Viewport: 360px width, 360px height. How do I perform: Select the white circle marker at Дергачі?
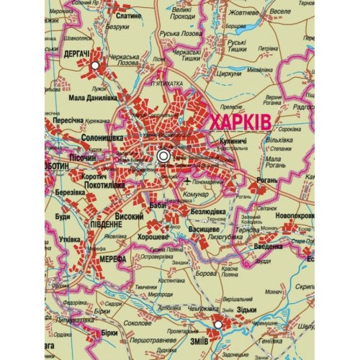pos(94,66)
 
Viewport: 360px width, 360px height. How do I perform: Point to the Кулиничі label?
pos(235,142)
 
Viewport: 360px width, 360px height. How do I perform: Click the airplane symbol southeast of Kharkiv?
pos(188,180)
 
